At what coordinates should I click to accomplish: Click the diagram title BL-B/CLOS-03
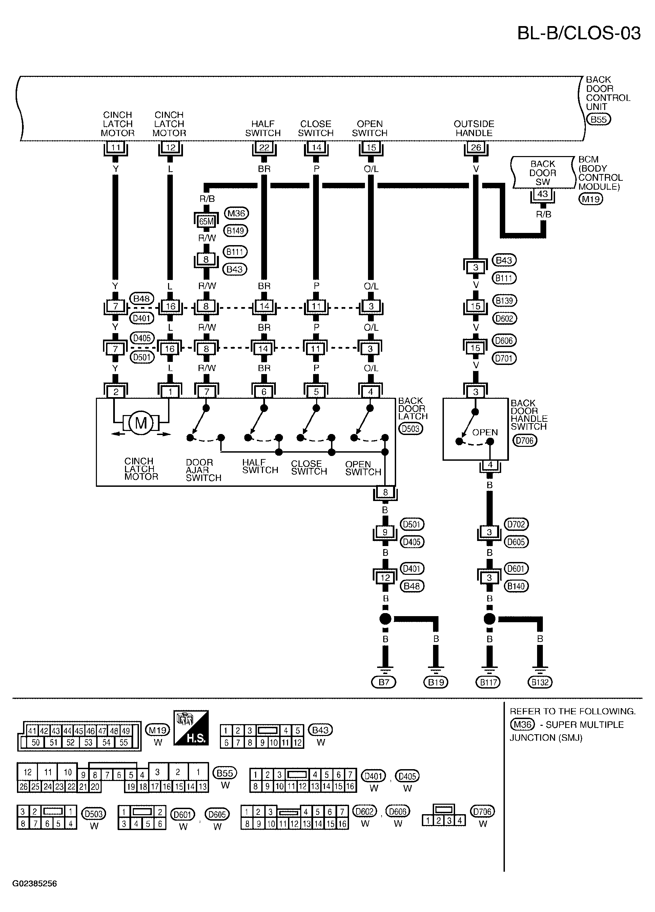578,33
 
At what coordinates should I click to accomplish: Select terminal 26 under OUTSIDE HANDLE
476,148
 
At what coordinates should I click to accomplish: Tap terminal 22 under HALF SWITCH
264,148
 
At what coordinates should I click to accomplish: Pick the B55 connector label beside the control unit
599,120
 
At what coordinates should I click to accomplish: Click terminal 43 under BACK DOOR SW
543,194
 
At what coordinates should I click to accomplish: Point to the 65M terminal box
206,221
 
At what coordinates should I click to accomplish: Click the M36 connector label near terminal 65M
236,213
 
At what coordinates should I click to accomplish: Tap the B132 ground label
540,682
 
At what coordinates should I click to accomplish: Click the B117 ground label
488,682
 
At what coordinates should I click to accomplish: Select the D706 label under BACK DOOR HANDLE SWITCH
525,440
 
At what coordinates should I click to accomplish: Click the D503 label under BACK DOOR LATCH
411,429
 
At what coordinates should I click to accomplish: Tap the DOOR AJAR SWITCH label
204,470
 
